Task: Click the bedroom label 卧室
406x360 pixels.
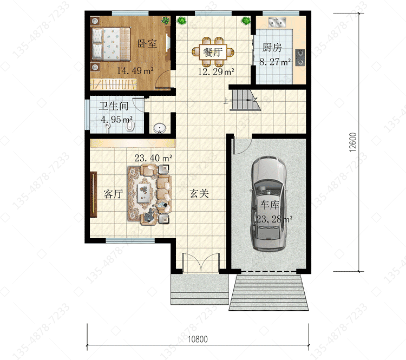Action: [x=147, y=43]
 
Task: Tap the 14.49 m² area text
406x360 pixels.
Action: [x=135, y=70]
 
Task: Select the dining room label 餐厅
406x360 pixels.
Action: [x=213, y=52]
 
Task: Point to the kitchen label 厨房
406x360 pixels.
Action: [x=272, y=48]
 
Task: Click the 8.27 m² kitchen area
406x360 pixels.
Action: [x=275, y=62]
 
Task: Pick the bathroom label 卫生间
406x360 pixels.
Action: [x=114, y=106]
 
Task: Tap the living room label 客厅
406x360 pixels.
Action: [x=113, y=194]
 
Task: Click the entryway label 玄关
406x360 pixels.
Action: [x=199, y=193]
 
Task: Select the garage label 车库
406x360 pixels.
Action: [x=270, y=205]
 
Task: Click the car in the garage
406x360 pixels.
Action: [x=269, y=204]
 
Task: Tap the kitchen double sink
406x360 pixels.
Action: [x=277, y=22]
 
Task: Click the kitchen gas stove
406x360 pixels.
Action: [x=300, y=57]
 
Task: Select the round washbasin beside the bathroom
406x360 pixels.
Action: [x=160, y=128]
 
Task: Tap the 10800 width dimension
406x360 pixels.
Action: [x=198, y=339]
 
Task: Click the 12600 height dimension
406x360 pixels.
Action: [x=352, y=142]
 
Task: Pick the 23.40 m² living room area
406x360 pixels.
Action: [x=153, y=158]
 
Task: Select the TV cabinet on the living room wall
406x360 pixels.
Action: [x=93, y=194]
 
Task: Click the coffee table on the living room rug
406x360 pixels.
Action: [x=143, y=193]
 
